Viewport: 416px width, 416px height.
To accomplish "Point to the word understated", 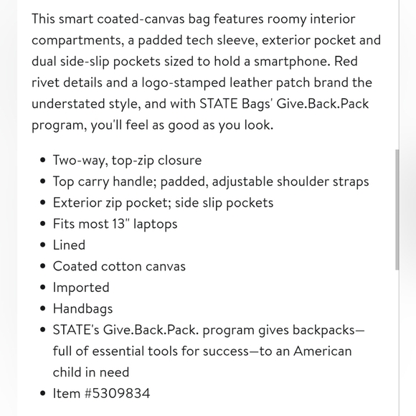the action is pyautogui.click(x=77, y=103).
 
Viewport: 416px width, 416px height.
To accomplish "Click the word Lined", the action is pyautogui.click(x=69, y=245).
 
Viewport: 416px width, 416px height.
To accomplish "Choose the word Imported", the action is pyautogui.click(x=81, y=287).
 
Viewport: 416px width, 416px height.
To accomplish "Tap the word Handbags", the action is pyautogui.click(x=82, y=308).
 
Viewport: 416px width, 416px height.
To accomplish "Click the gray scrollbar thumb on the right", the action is pyautogui.click(x=397, y=209).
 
